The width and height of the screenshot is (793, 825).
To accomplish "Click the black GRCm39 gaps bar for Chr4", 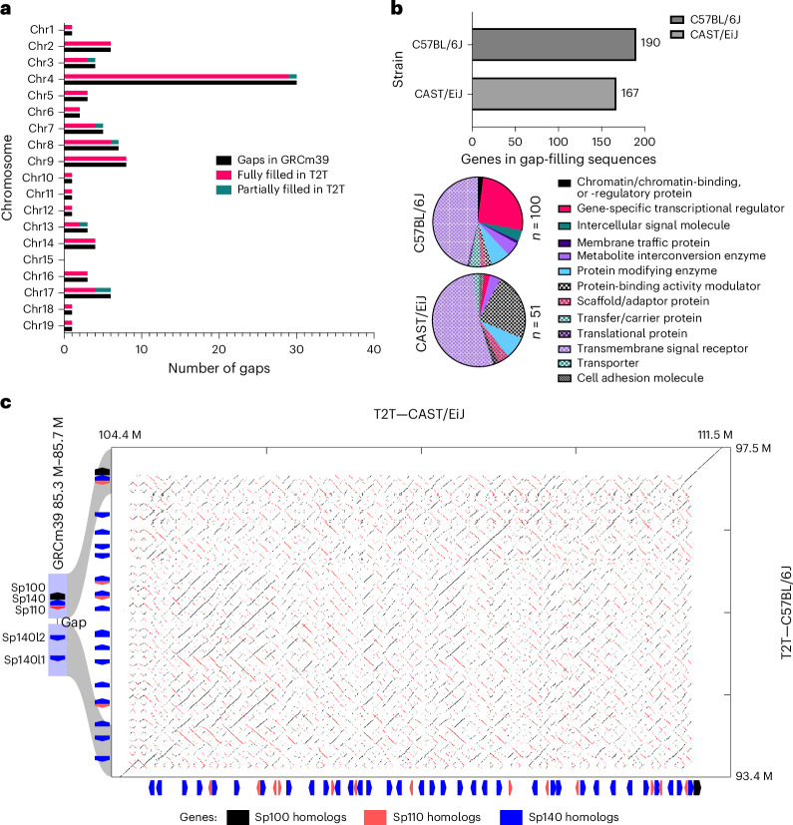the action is click(181, 83).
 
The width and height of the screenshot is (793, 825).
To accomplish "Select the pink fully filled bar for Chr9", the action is click(95, 159).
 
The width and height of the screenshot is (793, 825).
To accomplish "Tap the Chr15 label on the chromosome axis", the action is click(39, 259).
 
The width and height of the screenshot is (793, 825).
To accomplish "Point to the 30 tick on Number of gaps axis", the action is click(296, 349).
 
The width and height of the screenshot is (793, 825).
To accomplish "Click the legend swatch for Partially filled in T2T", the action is click(223, 190).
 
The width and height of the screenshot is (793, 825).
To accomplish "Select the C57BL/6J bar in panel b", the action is click(554, 45).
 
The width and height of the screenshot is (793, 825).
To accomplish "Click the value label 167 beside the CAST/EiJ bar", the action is click(629, 93).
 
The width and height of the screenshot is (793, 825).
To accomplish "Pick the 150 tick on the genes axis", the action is click(601, 142).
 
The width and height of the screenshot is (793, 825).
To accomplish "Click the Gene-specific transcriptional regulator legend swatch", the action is click(565, 208).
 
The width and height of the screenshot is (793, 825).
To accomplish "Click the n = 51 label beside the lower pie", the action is click(536, 322).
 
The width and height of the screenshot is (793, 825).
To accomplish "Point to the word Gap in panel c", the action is click(74, 622).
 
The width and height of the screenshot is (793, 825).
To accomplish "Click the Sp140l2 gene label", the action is click(24, 637).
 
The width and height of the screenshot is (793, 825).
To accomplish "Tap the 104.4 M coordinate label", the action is click(120, 435).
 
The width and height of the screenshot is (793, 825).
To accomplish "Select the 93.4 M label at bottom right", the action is click(754, 775).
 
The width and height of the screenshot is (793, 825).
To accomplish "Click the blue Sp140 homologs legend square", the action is click(511, 817).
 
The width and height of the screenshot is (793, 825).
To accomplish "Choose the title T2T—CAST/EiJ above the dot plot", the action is click(419, 414).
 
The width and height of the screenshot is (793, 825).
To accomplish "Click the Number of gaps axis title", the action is click(218, 368).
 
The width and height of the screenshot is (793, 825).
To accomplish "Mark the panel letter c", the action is click(6, 403).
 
